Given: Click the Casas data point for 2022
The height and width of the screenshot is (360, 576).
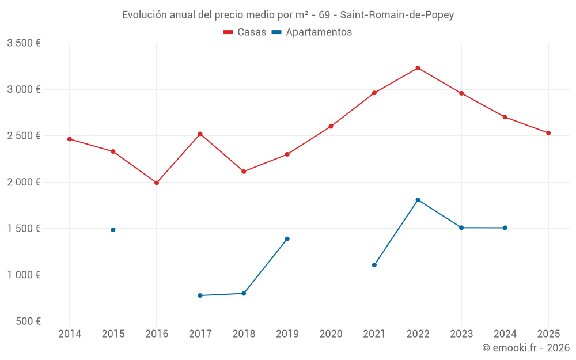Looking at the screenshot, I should pyautogui.click(x=418, y=68).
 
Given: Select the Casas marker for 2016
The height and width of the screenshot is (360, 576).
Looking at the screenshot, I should pyautogui.click(x=157, y=183).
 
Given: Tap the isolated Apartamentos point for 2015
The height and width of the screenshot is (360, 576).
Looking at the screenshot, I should pyautogui.click(x=113, y=230).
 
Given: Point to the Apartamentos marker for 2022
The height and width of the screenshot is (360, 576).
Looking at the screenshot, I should pyautogui.click(x=418, y=200).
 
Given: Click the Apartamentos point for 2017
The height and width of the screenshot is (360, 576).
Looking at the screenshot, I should pyautogui.click(x=200, y=295).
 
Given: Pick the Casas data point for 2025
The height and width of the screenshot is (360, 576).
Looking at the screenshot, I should pyautogui.click(x=548, y=133).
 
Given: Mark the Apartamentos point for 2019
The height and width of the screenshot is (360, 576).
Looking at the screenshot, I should pyautogui.click(x=287, y=238).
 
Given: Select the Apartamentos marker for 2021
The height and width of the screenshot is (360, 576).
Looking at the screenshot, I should pyautogui.click(x=374, y=265).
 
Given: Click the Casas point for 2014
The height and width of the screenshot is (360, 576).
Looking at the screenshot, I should pyautogui.click(x=70, y=139).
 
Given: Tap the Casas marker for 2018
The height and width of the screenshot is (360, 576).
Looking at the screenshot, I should pyautogui.click(x=244, y=172).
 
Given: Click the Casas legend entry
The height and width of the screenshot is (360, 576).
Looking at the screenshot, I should pyautogui.click(x=245, y=32).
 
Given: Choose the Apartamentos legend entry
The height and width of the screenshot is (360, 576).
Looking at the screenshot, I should pyautogui.click(x=312, y=32).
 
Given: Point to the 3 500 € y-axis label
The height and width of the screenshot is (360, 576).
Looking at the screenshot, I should pyautogui.click(x=24, y=43).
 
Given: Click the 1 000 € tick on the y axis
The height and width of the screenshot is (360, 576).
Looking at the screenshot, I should pyautogui.click(x=24, y=275).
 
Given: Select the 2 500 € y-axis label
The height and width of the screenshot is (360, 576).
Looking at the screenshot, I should pyautogui.click(x=24, y=136).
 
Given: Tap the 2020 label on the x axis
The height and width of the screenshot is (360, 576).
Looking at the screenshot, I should pyautogui.click(x=331, y=334).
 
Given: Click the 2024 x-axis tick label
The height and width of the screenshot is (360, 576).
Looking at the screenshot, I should pyautogui.click(x=505, y=334).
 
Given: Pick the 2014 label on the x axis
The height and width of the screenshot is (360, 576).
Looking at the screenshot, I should pyautogui.click(x=70, y=334).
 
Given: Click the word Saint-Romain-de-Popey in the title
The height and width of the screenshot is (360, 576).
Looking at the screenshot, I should pyautogui.click(x=397, y=15).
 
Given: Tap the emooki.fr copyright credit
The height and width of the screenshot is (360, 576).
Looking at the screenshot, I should pyautogui.click(x=526, y=348).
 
